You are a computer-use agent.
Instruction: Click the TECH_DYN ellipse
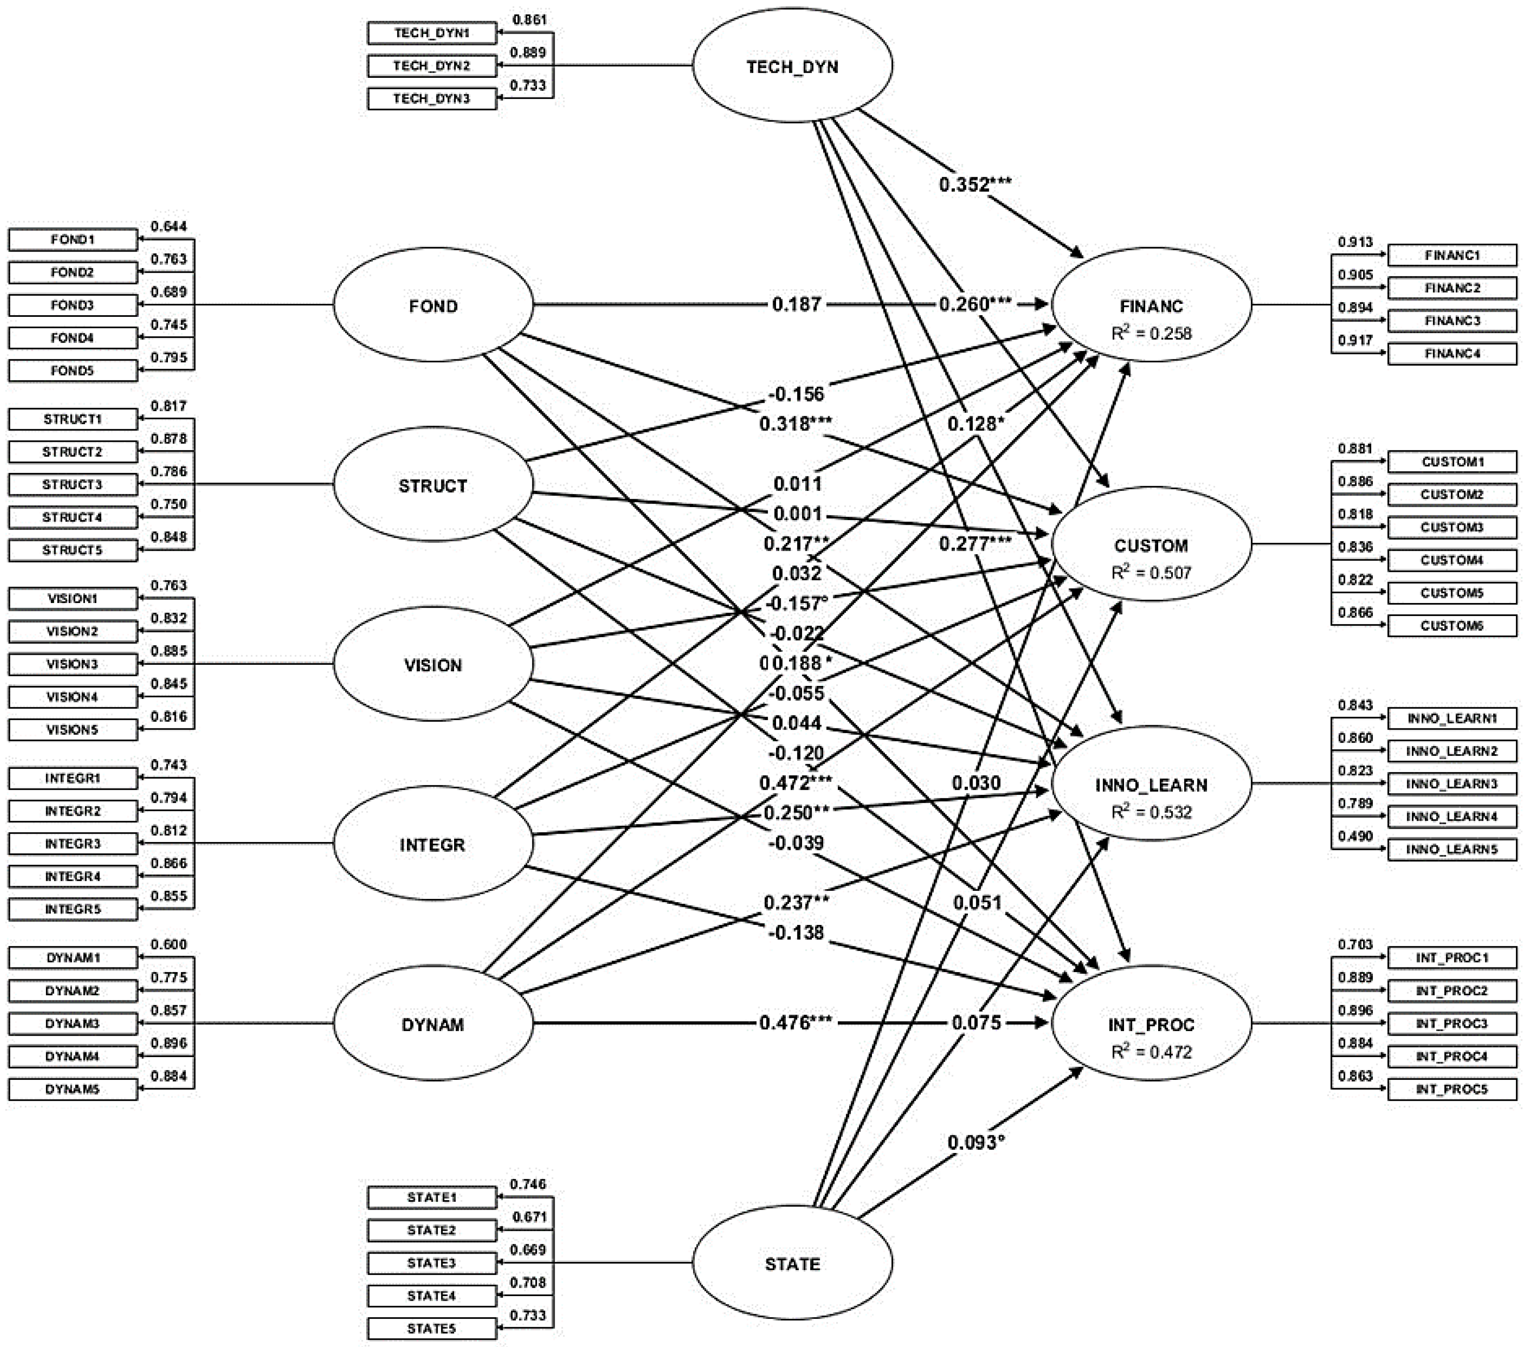pos(792,66)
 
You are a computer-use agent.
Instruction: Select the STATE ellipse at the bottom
pos(792,1264)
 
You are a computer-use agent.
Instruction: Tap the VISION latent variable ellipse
pos(433,664)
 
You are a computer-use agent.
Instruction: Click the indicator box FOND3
pos(72,305)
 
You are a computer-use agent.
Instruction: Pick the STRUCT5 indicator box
pos(72,550)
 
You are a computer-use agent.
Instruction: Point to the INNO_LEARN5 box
pos(1451,849)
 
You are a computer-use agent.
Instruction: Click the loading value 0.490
pos(1355,836)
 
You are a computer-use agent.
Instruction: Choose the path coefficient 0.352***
pos(975,184)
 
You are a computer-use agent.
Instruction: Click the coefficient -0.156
pos(796,393)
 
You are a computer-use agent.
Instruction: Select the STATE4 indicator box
pos(431,1296)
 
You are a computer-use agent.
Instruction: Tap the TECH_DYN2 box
pos(431,66)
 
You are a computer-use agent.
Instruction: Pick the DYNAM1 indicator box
pos(72,957)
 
